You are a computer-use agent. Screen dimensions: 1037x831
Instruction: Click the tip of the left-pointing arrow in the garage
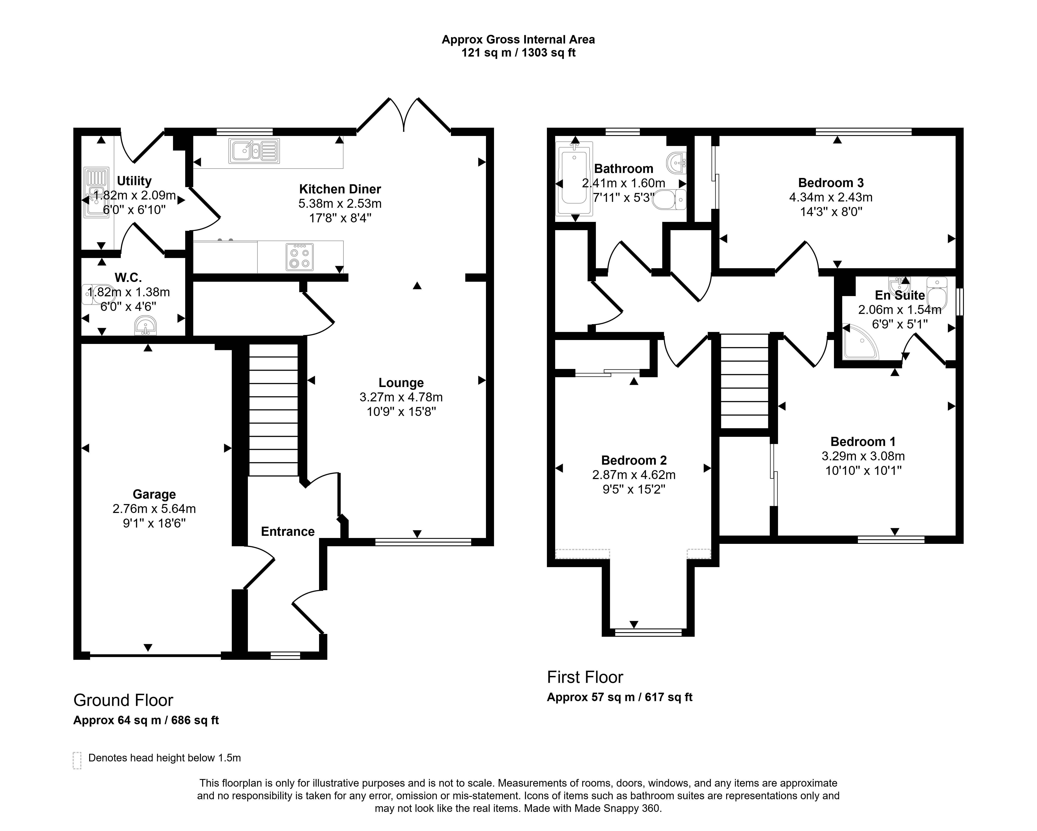point(82,448)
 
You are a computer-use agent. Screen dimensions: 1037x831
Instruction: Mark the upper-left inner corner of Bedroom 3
point(719,136)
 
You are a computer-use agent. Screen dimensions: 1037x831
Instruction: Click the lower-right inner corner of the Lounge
point(486,538)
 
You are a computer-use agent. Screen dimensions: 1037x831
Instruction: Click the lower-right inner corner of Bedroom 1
point(956,536)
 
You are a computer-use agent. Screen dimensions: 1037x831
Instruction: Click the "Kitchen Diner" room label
point(340,189)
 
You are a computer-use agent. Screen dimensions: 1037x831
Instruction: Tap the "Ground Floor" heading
point(123,700)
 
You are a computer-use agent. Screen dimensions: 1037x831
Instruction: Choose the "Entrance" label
point(288,531)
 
